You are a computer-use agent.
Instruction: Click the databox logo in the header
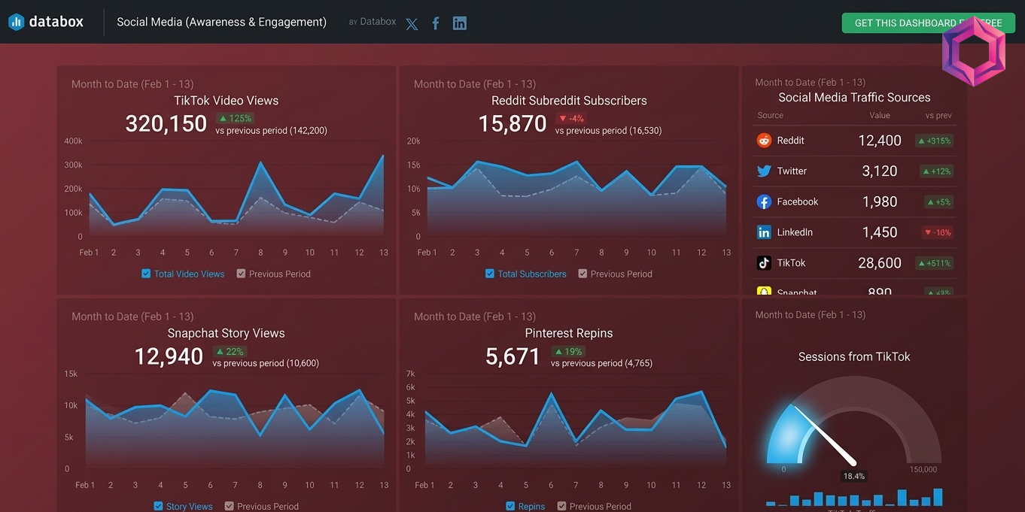46,22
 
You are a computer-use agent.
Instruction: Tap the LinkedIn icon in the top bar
459,23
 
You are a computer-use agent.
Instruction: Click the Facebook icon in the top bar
436,23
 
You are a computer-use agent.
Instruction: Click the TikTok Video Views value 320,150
166,123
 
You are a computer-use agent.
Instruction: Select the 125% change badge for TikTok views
235,118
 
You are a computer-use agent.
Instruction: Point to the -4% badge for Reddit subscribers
570,118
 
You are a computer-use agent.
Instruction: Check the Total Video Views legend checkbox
146,274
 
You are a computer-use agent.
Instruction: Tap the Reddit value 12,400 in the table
879,141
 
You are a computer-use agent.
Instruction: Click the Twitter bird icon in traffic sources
764,171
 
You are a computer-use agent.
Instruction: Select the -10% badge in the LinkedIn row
938,232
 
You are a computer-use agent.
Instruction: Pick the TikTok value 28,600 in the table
879,263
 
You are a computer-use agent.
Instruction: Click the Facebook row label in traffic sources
797,201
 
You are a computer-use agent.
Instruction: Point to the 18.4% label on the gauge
853,476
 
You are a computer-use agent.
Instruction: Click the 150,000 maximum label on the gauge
923,469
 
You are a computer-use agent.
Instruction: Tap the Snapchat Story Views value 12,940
169,356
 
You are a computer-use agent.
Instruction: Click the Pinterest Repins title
568,333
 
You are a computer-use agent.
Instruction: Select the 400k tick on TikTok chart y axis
74,141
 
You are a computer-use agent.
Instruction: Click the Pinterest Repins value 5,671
512,356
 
